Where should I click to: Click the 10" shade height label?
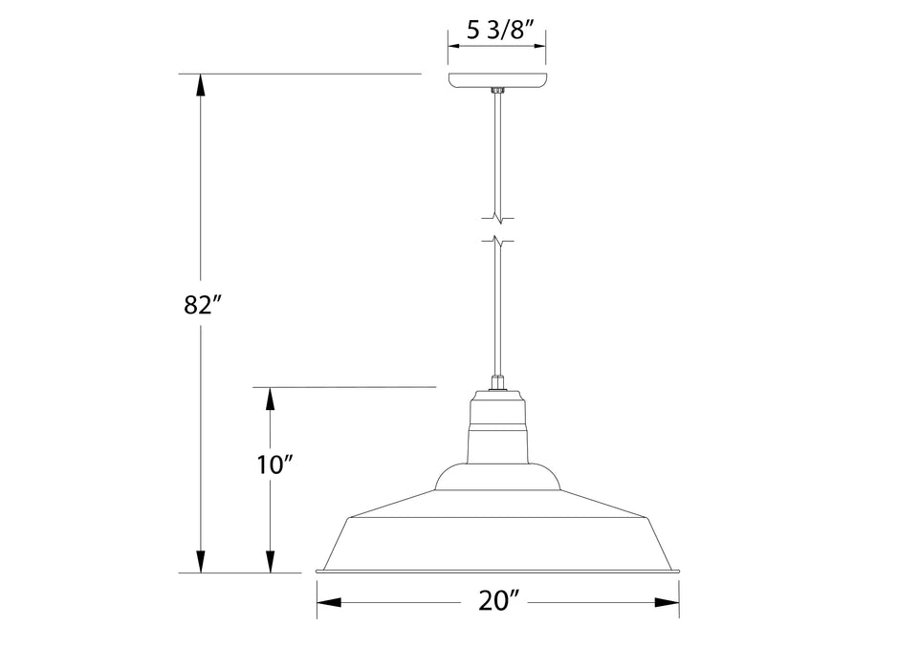[x=274, y=465]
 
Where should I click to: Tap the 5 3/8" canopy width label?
[x=497, y=30]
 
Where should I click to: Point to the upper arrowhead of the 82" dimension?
[x=200, y=84]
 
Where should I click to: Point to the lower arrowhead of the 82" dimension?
[x=200, y=562]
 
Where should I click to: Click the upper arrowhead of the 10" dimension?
[x=271, y=398]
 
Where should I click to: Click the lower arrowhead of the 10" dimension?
[x=271, y=562]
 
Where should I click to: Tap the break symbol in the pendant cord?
[x=497, y=227]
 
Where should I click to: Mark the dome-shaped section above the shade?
[x=497, y=478]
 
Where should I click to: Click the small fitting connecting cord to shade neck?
[x=497, y=383]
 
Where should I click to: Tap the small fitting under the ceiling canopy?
[x=497, y=92]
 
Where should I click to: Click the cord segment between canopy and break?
[x=497, y=153]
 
